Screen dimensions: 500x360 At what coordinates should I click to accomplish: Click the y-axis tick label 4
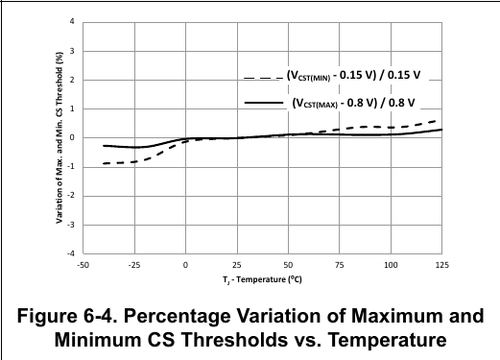point(72,22)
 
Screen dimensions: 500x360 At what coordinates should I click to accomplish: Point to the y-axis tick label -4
point(71,253)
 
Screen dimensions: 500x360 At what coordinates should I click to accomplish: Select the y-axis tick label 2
point(72,80)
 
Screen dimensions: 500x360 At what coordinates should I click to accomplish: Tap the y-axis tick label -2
point(71,196)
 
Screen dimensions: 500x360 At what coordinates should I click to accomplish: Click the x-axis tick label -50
point(83,265)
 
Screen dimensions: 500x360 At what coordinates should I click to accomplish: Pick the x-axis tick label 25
point(237,265)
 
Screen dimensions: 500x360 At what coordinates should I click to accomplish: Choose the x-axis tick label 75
point(340,265)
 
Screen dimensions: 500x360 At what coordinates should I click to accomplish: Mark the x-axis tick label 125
point(441,265)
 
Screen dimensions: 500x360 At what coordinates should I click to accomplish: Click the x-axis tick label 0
point(185,265)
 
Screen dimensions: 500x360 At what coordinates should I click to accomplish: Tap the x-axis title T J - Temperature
point(262,280)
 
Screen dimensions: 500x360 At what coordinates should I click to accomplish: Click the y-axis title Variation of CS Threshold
point(60,137)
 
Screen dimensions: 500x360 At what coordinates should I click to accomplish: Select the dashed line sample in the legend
point(264,78)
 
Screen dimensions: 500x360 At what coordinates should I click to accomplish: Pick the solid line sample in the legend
point(264,103)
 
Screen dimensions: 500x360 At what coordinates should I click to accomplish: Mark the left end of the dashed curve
point(104,163)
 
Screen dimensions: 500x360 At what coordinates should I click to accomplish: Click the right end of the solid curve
point(441,130)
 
